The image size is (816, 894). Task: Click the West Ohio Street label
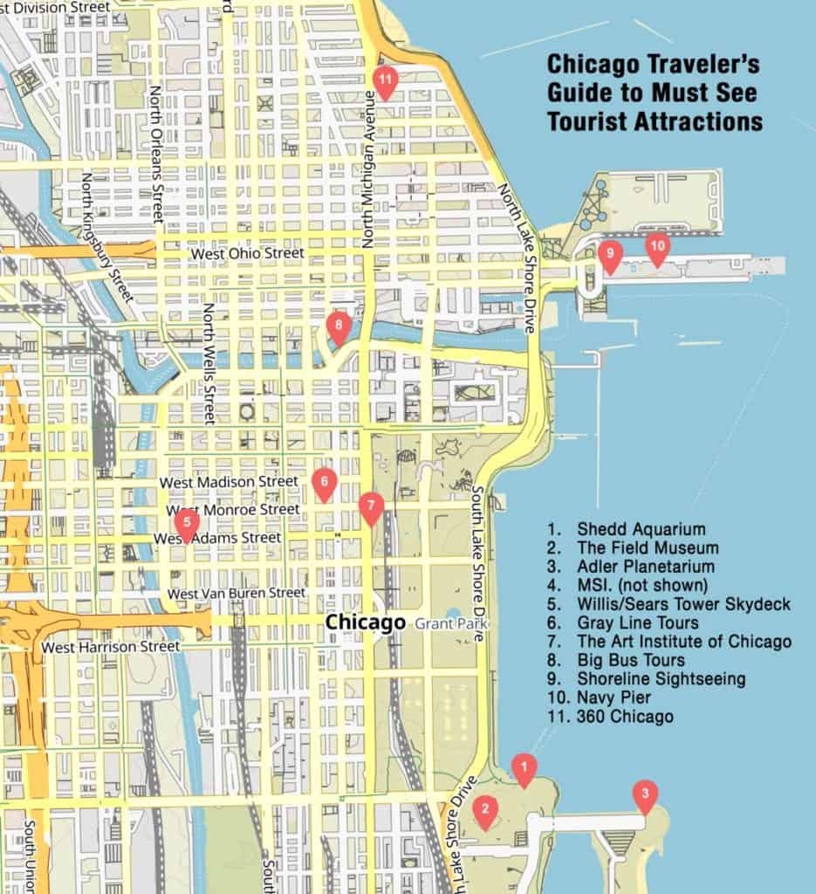pos(248,253)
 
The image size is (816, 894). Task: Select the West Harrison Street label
pos(111,647)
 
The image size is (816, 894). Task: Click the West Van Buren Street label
pos(237,594)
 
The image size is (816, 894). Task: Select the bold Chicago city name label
pos(366,622)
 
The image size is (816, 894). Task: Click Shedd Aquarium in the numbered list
pos(641,529)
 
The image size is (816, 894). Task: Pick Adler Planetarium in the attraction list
pos(645,567)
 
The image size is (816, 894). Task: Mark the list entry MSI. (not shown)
pos(641,585)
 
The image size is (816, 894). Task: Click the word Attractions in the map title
pos(698,121)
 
